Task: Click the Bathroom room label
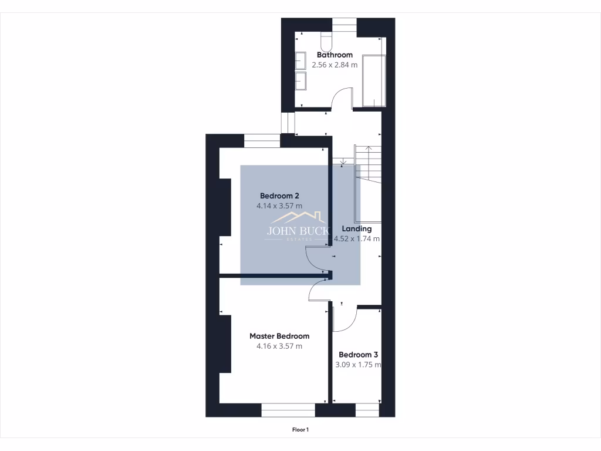point(335,55)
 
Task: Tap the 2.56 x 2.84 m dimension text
point(335,65)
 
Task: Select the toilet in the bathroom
point(327,41)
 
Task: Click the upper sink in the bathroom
point(300,60)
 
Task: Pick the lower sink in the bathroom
point(300,80)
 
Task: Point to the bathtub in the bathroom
point(374,80)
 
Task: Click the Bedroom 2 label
point(280,196)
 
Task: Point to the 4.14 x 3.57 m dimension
point(279,206)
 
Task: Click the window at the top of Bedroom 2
point(262,141)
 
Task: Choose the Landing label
point(357,228)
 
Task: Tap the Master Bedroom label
point(279,336)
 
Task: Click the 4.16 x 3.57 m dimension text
point(279,346)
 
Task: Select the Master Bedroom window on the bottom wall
point(288,410)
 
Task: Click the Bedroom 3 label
point(358,355)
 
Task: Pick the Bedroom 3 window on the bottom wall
point(367,410)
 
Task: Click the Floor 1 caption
point(300,430)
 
